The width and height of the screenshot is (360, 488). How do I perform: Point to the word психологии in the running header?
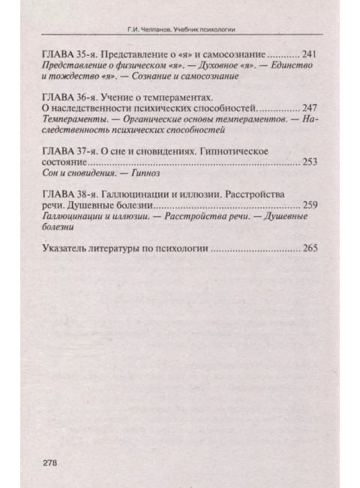225,31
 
